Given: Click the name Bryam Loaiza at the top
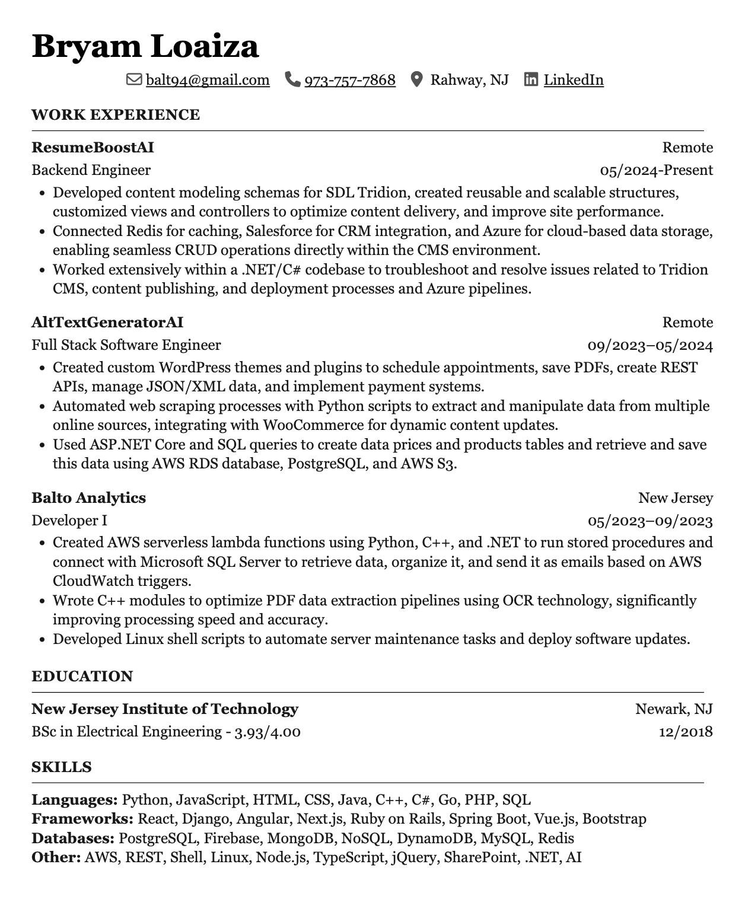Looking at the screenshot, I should (x=145, y=46).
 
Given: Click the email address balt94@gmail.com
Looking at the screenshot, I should (x=208, y=80).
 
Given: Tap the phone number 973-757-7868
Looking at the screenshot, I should (x=350, y=80).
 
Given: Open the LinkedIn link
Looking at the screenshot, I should (x=574, y=80).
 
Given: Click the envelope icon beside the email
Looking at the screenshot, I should (x=134, y=79).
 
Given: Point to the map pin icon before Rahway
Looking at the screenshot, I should (x=417, y=79).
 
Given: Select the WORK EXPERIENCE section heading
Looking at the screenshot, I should (x=116, y=115).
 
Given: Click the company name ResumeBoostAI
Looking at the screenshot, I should (x=93, y=148).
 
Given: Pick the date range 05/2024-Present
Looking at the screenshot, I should (x=656, y=171).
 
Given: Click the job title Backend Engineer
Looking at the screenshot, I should (x=91, y=171).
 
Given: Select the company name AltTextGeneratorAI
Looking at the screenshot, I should (x=107, y=323).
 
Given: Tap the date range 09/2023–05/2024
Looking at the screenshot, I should (x=650, y=346).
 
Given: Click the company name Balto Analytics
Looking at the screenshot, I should (x=89, y=498).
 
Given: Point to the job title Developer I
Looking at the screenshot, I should (x=69, y=521).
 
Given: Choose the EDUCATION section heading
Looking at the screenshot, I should (x=82, y=677).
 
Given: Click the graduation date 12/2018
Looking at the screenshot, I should (x=686, y=732).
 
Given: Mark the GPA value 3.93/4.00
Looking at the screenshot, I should (x=268, y=732).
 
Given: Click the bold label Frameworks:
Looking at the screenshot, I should (x=82, y=819).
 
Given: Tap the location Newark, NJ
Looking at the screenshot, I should (x=674, y=709).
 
